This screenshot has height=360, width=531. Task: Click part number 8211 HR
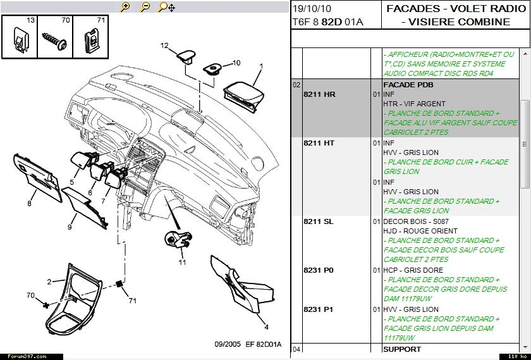pyautogui.click(x=319, y=94)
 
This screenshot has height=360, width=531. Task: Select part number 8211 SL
pyautogui.click(x=319, y=221)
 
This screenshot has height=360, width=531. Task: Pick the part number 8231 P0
pyautogui.click(x=319, y=270)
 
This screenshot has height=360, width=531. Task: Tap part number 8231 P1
pyautogui.click(x=319, y=309)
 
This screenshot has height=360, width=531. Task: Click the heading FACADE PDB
pyautogui.click(x=408, y=85)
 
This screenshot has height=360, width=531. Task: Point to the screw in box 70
pyautogui.click(x=54, y=40)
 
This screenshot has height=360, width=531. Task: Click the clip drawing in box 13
pyautogui.click(x=20, y=39)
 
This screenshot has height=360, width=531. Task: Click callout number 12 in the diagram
pyautogui.click(x=164, y=46)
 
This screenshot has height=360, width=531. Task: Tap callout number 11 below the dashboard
pyautogui.click(x=182, y=262)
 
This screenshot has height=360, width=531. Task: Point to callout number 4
pyautogui.click(x=267, y=326)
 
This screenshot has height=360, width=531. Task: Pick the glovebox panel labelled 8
pyautogui.click(x=37, y=177)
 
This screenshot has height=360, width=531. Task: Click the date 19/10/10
pyautogui.click(x=312, y=9)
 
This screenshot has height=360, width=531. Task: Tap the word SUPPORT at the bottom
pyautogui.click(x=402, y=349)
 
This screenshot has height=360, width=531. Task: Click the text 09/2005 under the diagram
pyautogui.click(x=228, y=344)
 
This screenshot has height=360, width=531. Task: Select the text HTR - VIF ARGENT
pyautogui.click(x=414, y=104)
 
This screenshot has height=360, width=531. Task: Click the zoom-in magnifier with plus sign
pyautogui.click(x=125, y=7)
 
